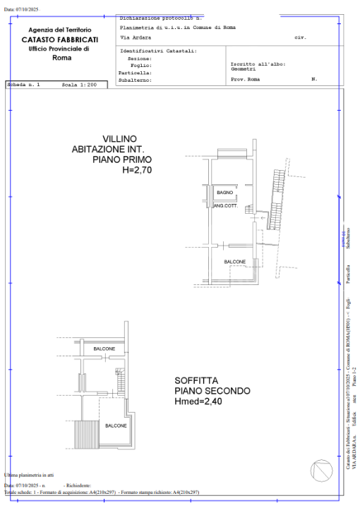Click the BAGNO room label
point(225,192)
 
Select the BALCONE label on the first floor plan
point(235,261)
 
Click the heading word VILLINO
point(119,138)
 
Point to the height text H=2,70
point(137,170)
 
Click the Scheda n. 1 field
point(24,84)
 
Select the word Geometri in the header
point(243,68)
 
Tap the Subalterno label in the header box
point(135,80)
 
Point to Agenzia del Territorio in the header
point(59,30)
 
